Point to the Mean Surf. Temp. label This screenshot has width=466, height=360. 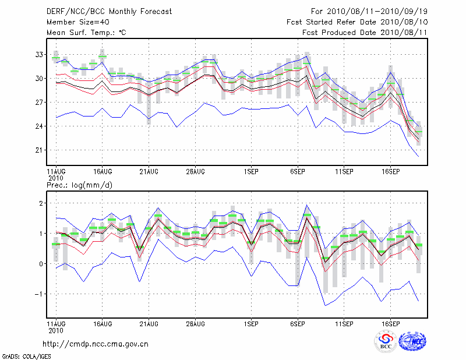86,33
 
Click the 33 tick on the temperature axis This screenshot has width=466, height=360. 39,54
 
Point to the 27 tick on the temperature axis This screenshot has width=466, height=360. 39,102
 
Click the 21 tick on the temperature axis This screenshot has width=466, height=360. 39,150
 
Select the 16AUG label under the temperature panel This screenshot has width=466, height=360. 102,172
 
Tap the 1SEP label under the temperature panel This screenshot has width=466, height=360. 251,172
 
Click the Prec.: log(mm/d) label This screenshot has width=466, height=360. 81,185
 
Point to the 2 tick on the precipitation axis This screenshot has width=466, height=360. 41,203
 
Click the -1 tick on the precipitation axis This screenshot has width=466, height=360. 40,294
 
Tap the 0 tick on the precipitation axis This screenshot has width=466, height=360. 41,263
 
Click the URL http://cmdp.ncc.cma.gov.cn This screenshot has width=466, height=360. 96,344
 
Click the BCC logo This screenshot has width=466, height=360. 386,342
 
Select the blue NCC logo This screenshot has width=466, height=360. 412,342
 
